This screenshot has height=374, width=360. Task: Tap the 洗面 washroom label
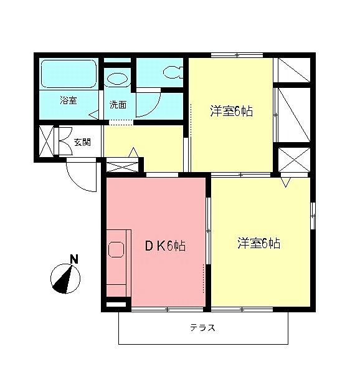click(x=118, y=104)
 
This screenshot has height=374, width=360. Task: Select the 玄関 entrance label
click(x=82, y=142)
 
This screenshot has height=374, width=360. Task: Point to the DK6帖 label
click(x=165, y=246)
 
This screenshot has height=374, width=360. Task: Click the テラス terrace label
click(x=203, y=328)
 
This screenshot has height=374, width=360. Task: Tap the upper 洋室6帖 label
click(x=231, y=112)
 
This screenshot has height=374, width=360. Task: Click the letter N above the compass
click(x=74, y=259)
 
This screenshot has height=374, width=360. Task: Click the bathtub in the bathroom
click(x=69, y=74)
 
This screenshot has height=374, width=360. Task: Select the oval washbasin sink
click(x=117, y=79)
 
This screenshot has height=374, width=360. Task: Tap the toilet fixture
click(x=173, y=72)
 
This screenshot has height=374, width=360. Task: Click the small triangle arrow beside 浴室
click(x=93, y=115)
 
